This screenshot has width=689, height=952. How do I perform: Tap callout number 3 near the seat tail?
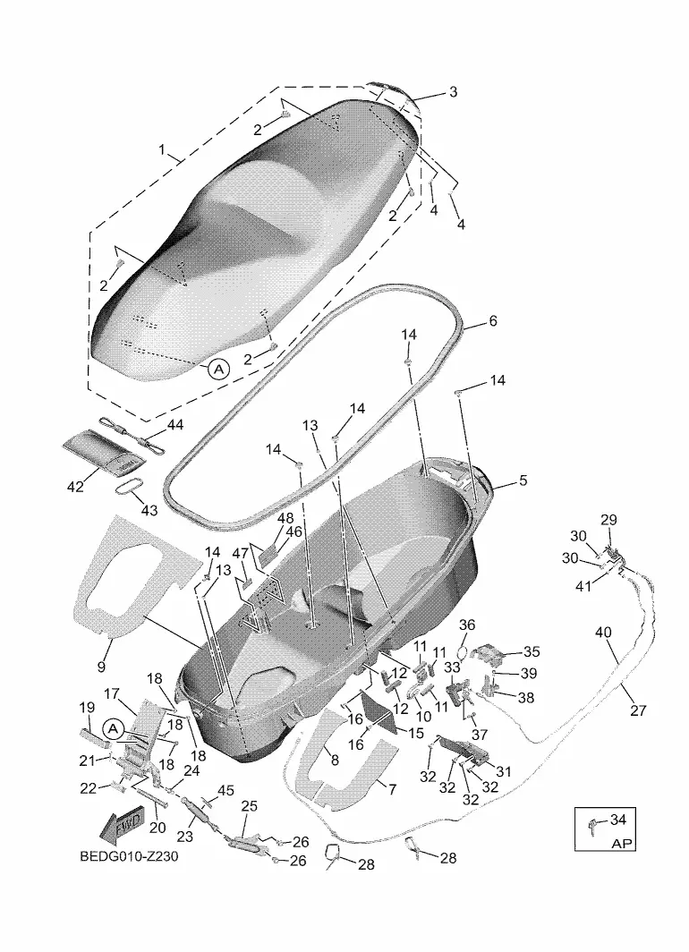click(x=453, y=91)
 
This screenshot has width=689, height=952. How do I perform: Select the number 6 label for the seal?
click(x=492, y=320)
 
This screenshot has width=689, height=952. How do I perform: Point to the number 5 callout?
click(x=523, y=480)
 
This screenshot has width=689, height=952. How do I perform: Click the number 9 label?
click(x=100, y=667)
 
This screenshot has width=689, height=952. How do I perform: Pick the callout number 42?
click(x=75, y=487)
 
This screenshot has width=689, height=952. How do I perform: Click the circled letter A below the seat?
click(x=218, y=368)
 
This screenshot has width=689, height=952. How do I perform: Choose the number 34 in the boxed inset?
click(x=617, y=820)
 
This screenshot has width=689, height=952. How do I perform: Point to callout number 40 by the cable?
click(x=603, y=632)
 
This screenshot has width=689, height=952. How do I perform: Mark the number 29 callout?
click(x=608, y=520)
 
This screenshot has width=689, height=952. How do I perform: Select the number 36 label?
click(x=467, y=624)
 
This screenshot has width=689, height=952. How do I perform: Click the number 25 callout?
click(x=250, y=805)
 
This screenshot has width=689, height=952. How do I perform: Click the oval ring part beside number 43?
click(x=131, y=489)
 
